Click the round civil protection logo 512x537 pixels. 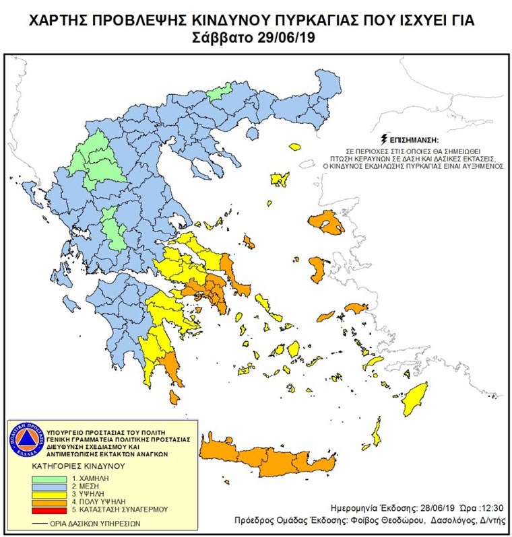pos(26,441)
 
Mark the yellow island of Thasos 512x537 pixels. pos(294,146)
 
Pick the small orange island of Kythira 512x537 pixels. pos(174,398)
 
